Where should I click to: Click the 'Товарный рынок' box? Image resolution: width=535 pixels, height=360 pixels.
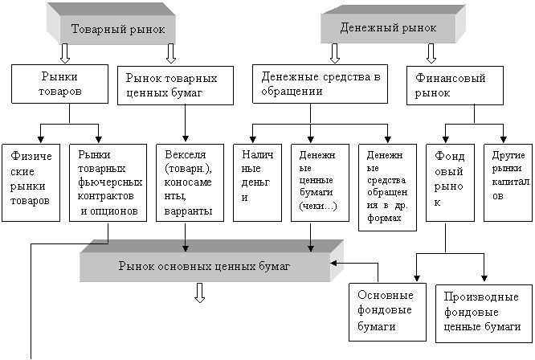pos(118,30)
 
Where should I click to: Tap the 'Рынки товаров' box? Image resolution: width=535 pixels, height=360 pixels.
pos(60,84)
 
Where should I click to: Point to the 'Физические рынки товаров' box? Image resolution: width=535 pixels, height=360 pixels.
pos(31,182)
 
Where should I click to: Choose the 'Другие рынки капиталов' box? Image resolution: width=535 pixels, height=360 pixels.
pos(508,182)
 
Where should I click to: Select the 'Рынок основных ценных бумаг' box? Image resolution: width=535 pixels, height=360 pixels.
pos(204,265)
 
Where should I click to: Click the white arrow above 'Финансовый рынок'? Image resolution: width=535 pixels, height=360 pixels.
pos(431,53)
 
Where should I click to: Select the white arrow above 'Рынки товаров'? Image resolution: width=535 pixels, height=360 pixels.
pos(65,53)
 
